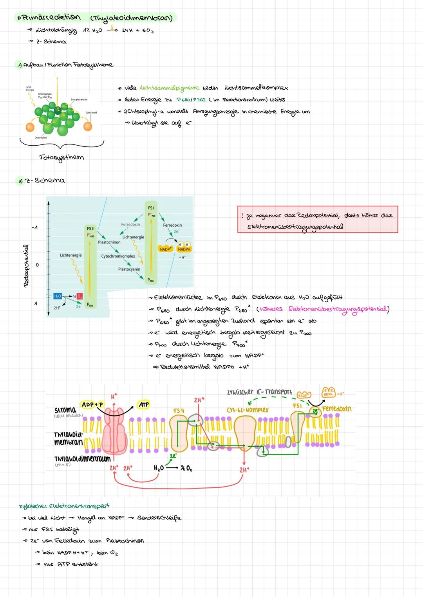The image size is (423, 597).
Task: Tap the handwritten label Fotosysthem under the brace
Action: pos(62,157)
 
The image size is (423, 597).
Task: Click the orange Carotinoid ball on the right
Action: pos(88,126)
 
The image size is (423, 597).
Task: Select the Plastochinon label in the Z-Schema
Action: pos(109,242)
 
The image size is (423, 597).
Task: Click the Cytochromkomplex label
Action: pos(118,256)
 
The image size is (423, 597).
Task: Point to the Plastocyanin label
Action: pos(129,269)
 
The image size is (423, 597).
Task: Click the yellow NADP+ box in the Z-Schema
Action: pos(165,249)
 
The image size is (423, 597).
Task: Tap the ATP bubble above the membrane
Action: pos(144,404)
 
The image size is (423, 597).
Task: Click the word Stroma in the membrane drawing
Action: pos(65,409)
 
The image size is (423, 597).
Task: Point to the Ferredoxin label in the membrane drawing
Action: pos(336,409)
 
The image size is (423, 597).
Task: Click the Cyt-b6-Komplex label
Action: pos(248,410)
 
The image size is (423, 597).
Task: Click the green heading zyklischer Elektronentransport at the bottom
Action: pos(64,506)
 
